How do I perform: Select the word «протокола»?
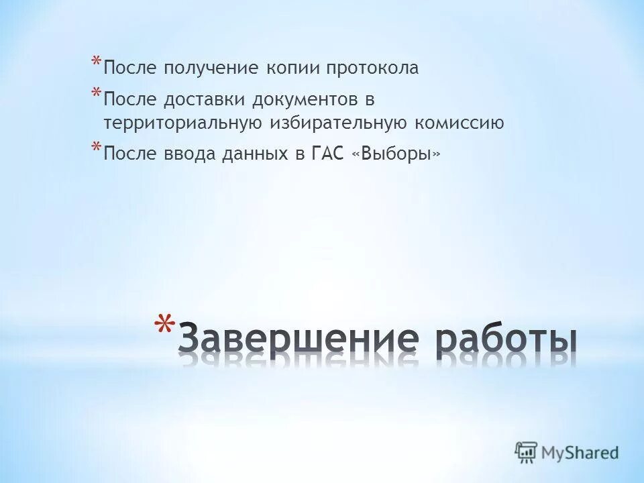tap(372, 69)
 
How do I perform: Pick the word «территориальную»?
tap(176, 123)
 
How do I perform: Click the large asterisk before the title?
tap(164, 327)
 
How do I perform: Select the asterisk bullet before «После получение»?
tap(97, 62)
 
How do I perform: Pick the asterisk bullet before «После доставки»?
tap(97, 94)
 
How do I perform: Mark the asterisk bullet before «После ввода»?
tap(97, 148)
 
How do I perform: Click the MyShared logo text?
tap(580, 452)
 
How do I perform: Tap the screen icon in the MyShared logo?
tap(527, 452)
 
